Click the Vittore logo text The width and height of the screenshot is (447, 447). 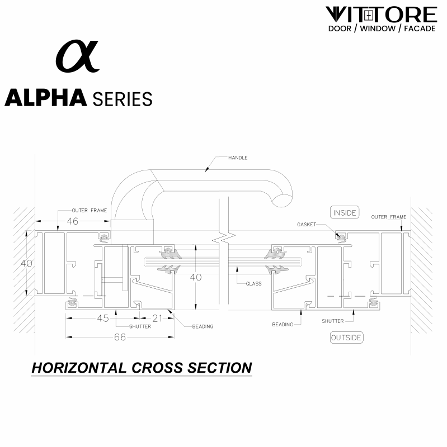pyautogui.click(x=380, y=14)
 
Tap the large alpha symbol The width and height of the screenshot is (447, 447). pyautogui.click(x=77, y=57)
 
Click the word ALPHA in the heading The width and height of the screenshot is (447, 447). pyautogui.click(x=46, y=98)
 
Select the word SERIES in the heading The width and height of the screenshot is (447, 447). pyautogui.click(x=123, y=99)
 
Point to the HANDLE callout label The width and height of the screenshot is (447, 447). pyautogui.click(x=238, y=158)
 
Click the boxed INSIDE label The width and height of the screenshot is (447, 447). pyautogui.click(x=345, y=213)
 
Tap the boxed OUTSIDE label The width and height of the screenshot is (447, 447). pyautogui.click(x=346, y=337)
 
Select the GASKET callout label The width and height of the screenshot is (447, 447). pyautogui.click(x=307, y=225)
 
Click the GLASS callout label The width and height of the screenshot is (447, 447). pyautogui.click(x=253, y=284)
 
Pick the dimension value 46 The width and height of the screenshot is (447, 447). pyautogui.click(x=73, y=221)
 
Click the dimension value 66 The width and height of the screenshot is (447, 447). pyautogui.click(x=120, y=337)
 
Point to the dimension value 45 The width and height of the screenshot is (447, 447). pyautogui.click(x=103, y=318)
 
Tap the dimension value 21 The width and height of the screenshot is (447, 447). pyautogui.click(x=157, y=318)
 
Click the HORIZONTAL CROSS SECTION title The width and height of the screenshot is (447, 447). pyautogui.click(x=142, y=368)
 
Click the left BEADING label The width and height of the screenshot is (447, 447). pyautogui.click(x=202, y=326)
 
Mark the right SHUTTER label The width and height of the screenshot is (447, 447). pyautogui.click(x=332, y=321)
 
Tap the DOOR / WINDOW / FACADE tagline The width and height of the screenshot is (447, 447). pyautogui.click(x=380, y=28)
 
